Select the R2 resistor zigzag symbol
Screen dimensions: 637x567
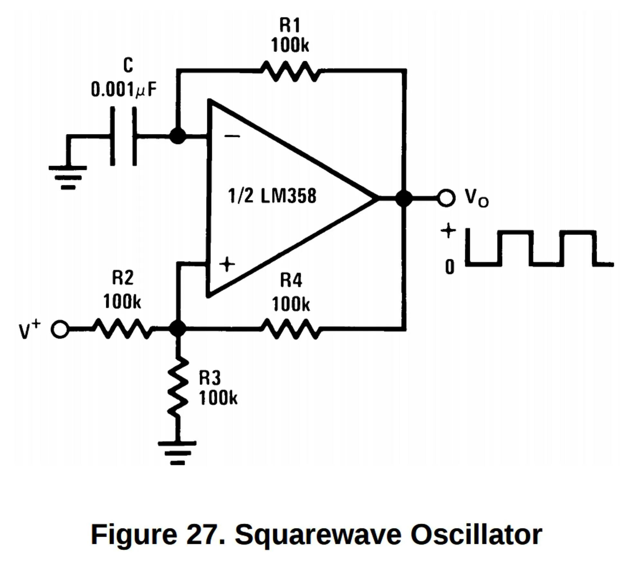click(123, 329)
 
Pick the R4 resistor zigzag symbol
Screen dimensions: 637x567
click(290, 329)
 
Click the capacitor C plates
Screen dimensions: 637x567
click(123, 136)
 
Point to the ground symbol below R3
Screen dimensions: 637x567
click(177, 453)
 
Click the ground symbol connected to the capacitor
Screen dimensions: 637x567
click(68, 178)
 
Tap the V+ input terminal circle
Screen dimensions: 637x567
click(60, 329)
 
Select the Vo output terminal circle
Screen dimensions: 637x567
click(446, 197)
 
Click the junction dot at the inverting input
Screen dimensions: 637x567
click(178, 136)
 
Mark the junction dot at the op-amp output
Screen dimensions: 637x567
click(404, 198)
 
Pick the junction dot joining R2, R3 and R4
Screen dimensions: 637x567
click(178, 329)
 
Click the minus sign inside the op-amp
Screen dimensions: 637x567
click(232, 136)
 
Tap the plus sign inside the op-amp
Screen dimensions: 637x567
click(227, 264)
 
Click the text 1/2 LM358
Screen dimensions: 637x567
click(272, 196)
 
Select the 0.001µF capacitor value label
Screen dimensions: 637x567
click(124, 89)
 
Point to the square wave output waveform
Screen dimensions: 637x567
click(539, 248)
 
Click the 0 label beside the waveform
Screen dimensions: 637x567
click(450, 267)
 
